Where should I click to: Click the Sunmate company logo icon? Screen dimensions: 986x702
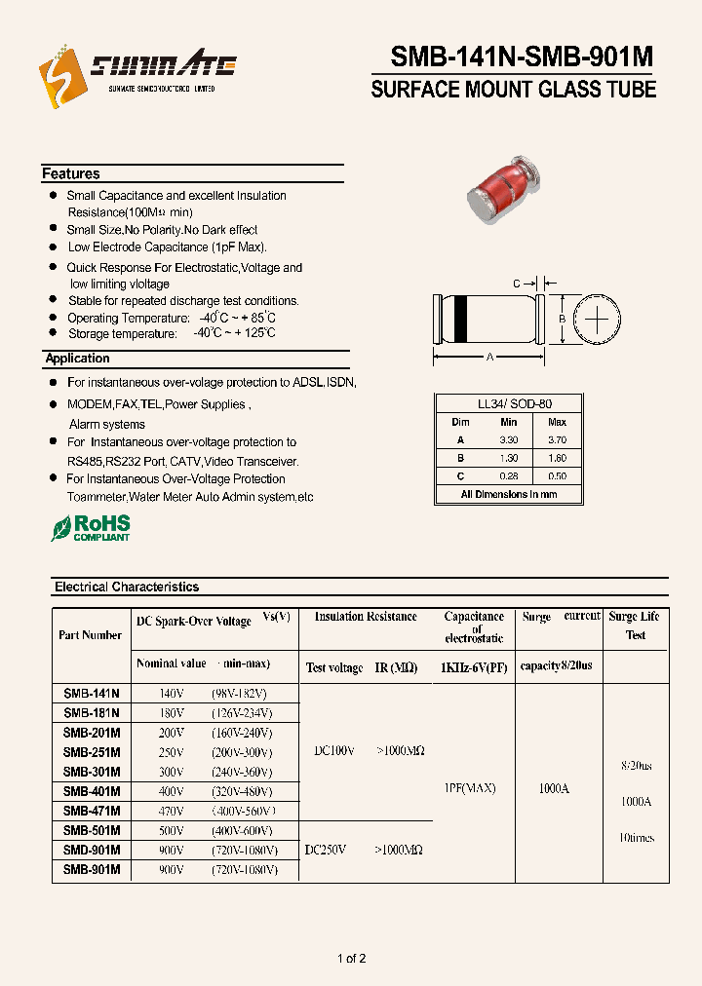[x=57, y=74]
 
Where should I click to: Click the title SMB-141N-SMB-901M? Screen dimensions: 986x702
[x=522, y=57]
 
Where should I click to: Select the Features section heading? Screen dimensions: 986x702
[x=70, y=173]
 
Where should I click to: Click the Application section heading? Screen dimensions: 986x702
[x=77, y=359]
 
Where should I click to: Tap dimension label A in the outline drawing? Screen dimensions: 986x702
[x=490, y=358]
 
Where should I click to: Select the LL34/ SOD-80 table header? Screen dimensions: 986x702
[x=508, y=404]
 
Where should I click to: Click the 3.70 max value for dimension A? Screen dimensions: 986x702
[x=557, y=440]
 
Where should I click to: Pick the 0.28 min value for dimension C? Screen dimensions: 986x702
[x=508, y=475]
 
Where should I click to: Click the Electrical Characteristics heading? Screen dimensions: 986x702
[x=127, y=588]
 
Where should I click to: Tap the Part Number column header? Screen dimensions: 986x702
[x=91, y=635]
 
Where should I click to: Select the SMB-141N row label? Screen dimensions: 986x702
[x=92, y=694]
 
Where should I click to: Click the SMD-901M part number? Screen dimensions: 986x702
[x=92, y=850]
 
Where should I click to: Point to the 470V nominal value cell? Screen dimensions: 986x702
[x=172, y=811]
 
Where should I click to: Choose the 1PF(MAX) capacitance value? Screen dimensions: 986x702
[x=474, y=787]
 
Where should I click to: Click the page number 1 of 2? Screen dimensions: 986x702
[x=351, y=959]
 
